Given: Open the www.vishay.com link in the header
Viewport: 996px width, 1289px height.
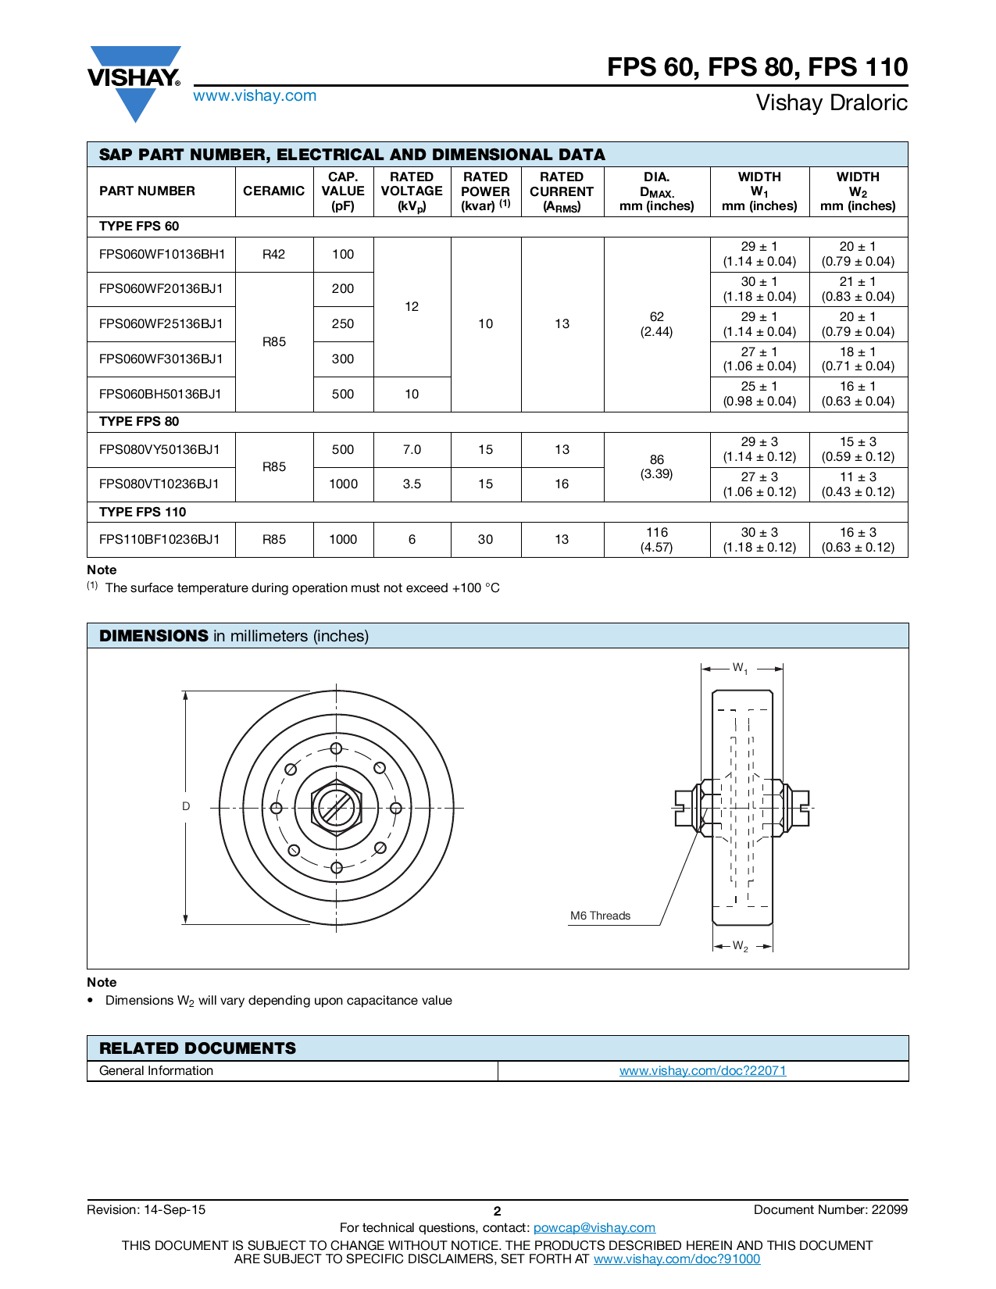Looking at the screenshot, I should pyautogui.click(x=255, y=95).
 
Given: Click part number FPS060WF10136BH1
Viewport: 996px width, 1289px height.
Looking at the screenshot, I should pyautogui.click(x=162, y=254).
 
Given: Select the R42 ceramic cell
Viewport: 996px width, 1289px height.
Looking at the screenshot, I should pyautogui.click(x=274, y=254).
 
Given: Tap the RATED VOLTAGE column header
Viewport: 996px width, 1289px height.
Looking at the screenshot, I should pyautogui.click(x=412, y=191).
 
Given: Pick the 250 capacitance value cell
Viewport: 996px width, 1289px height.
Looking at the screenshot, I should pyautogui.click(x=343, y=323).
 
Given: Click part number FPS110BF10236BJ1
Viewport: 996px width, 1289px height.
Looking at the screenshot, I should pyautogui.click(x=159, y=539).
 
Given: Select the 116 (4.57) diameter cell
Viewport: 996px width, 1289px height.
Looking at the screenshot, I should pyautogui.click(x=656, y=539).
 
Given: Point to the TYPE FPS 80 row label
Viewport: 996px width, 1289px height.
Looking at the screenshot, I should pyautogui.click(x=139, y=421).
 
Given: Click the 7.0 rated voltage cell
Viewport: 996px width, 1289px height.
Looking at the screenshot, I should pyautogui.click(x=412, y=449).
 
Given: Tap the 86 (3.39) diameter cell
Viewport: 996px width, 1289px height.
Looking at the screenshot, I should pyautogui.click(x=656, y=466).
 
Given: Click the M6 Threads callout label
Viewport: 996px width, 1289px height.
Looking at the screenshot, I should pyautogui.click(x=600, y=916).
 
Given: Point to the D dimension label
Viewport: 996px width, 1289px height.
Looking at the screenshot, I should pyautogui.click(x=186, y=806).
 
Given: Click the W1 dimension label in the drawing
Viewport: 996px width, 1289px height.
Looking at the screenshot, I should pyautogui.click(x=740, y=668).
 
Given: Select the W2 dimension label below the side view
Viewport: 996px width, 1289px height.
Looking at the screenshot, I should pyautogui.click(x=740, y=946).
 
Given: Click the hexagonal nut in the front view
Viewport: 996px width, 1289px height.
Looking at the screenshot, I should pyautogui.click(x=336, y=808).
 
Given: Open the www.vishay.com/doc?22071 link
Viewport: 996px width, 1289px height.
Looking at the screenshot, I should pyautogui.click(x=702, y=1070).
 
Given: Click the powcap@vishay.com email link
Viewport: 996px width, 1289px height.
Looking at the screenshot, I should pyautogui.click(x=594, y=1227).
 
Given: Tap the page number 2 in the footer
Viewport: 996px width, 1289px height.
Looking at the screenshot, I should pyautogui.click(x=497, y=1211).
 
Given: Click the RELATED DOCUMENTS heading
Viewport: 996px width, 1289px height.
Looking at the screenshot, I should pyautogui.click(x=198, y=1048).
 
